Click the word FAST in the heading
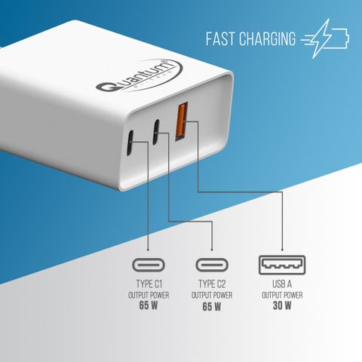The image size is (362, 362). pos(220,38)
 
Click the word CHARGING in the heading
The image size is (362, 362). pos(267,38)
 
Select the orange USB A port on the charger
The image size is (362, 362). pos(182,121)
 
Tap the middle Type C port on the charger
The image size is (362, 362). pos(156,132)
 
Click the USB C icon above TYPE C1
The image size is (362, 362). pos(149,265)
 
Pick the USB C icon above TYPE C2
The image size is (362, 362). pos(212,265)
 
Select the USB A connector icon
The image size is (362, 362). pos(282,265)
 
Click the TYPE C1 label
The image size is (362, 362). pos(149,284)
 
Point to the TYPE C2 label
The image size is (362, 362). pos(212,284)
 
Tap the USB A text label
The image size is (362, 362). pos(282,284)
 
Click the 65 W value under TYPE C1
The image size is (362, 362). pos(149,305)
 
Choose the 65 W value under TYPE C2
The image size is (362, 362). pos(212,306)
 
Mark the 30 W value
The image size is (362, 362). pos(282,305)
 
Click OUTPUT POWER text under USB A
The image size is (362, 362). pos(282,295)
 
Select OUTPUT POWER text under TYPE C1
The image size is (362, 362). pos(149,295)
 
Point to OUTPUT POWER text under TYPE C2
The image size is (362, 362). pos(212,296)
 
